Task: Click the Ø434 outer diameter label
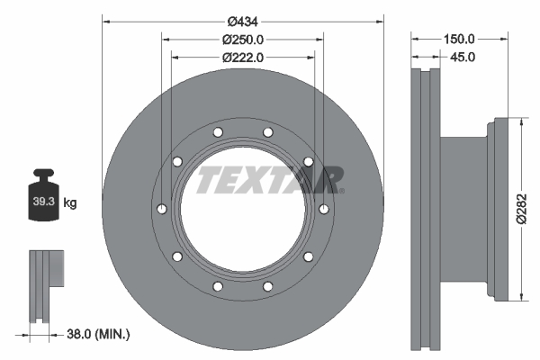243,20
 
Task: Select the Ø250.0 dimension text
243,39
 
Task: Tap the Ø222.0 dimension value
243,57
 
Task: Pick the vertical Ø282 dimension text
521,210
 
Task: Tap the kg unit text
70,203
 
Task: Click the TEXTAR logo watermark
270,179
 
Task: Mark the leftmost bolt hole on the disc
161,210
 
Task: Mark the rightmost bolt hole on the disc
324,210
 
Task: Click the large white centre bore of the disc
243,216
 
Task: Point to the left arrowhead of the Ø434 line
105,20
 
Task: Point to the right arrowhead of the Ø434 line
381,20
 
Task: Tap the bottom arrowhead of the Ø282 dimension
521,298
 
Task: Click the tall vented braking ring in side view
426,210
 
